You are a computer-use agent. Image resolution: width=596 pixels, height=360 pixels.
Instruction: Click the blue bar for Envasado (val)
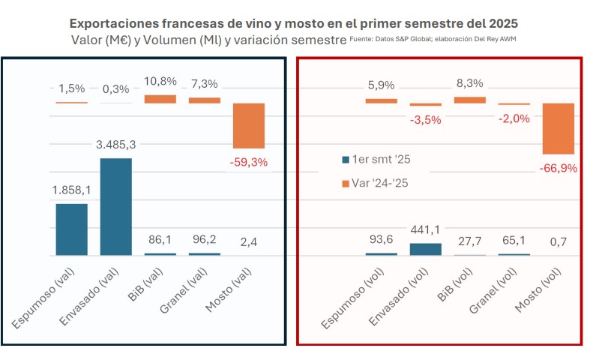click(115, 206)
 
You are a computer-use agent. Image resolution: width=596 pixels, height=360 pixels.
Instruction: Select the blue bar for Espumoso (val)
click(71, 229)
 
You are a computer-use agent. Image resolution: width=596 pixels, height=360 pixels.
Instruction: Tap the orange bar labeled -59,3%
click(248, 125)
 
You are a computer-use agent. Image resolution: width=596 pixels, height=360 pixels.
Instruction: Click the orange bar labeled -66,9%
click(558, 128)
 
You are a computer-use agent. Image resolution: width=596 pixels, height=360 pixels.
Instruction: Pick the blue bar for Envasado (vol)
click(425, 249)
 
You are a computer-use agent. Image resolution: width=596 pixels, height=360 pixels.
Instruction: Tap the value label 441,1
click(425, 229)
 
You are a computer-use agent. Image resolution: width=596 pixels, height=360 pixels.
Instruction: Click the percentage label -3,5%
click(425, 120)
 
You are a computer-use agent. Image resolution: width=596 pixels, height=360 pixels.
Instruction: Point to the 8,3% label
click(469, 83)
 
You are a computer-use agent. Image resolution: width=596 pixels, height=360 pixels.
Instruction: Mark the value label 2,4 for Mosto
click(248, 242)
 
